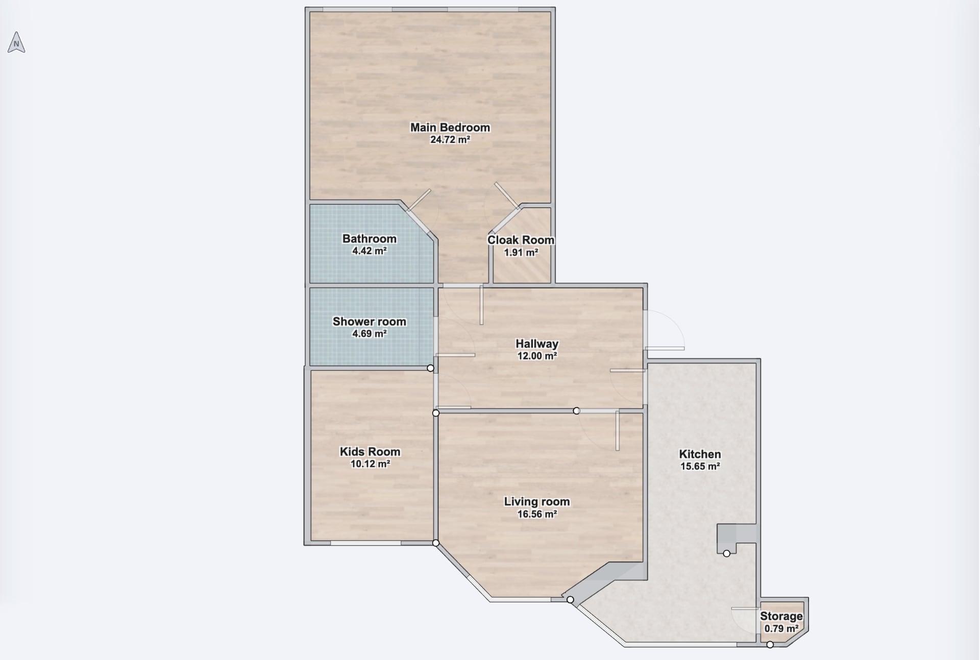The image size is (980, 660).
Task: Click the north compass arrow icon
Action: [16, 42]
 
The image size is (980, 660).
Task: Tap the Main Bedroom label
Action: [450, 128]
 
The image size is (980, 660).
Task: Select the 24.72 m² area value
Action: [450, 139]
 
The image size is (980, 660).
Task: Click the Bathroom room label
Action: [370, 239]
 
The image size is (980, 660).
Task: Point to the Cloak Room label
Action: [521, 240]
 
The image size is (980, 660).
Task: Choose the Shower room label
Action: [370, 322]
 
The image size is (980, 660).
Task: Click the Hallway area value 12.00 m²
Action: [537, 356]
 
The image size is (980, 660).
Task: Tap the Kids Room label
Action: [370, 452]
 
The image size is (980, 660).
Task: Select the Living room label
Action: [537, 502]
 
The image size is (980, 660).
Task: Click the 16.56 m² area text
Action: [537, 514]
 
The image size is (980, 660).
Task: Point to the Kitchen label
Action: [700, 454]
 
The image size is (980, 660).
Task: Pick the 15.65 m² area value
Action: [700, 466]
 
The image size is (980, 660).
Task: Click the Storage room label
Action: [781, 616]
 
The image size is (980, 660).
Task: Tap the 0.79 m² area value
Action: [781, 628]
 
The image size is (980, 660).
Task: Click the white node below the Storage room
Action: [770, 645]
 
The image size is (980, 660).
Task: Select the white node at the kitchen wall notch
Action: [727, 553]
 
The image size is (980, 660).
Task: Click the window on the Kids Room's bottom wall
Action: [365, 543]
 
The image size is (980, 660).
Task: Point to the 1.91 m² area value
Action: [521, 252]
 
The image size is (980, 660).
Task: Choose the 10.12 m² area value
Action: [370, 464]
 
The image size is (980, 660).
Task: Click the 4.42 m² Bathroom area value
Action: [370, 251]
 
